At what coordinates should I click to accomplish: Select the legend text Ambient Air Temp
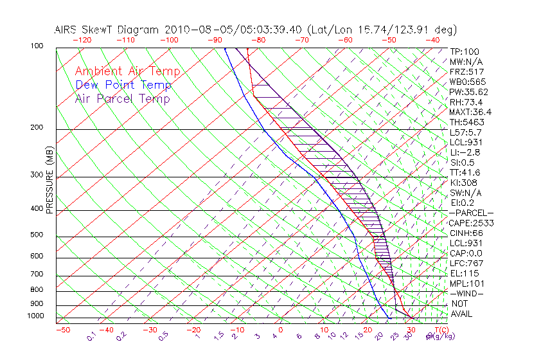pyautogui.click(x=127, y=71)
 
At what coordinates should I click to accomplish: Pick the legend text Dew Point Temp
pyautogui.click(x=123, y=85)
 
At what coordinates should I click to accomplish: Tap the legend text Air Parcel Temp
pyautogui.click(x=122, y=98)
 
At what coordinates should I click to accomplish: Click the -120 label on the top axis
pyautogui.click(x=82, y=39)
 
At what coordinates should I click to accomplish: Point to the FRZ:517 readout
pyautogui.click(x=466, y=71)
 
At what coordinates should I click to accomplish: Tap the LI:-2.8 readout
pyautogui.click(x=465, y=152)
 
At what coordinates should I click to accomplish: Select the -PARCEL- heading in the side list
pyautogui.click(x=471, y=213)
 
